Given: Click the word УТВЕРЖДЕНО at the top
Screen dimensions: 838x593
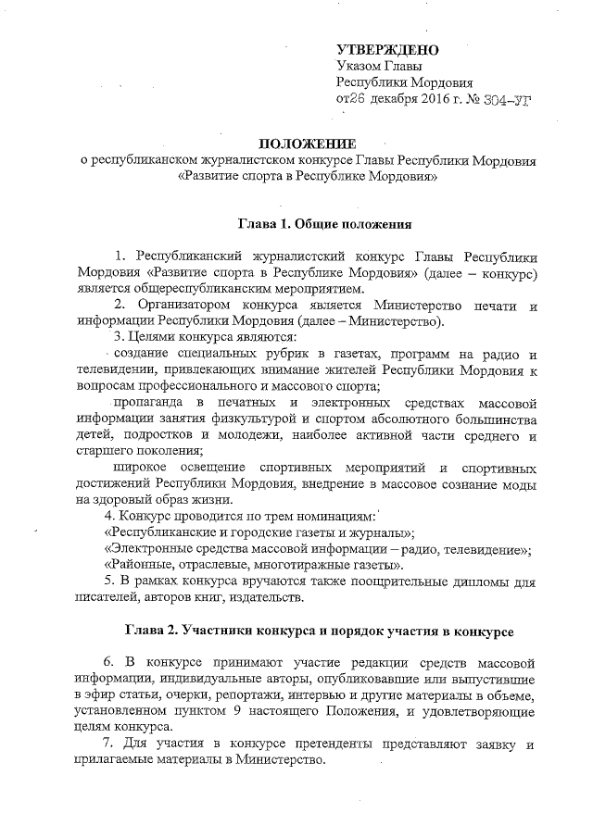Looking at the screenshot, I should pos(387,48).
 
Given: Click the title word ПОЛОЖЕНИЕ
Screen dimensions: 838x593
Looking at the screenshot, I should pos(307,145).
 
